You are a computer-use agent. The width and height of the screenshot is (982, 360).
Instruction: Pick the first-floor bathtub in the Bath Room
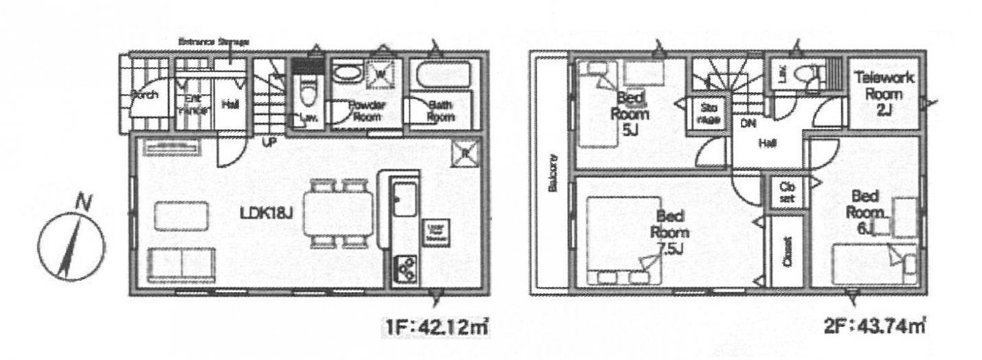pos(442,74)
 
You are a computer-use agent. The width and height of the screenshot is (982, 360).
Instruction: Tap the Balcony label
pos(553,175)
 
